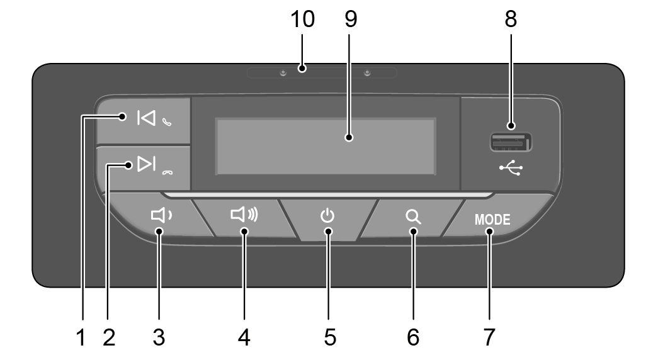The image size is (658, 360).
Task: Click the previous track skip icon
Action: point(146,118)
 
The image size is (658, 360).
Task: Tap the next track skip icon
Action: point(147,164)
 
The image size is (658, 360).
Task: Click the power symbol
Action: point(328,215)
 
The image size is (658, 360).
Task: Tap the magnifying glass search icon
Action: point(413,217)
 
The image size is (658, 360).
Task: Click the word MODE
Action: point(492,220)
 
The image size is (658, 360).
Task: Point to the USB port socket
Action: point(511,142)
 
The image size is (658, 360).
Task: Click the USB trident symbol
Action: point(511,168)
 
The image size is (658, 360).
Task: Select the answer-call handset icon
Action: point(167,122)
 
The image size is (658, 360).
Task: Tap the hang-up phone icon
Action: point(167,172)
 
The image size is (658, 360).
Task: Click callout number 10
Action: point(302,20)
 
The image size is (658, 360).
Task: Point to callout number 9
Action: point(351,20)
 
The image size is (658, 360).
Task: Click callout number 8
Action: point(511,20)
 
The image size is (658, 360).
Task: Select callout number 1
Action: point(81,337)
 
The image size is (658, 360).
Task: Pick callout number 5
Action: point(330,337)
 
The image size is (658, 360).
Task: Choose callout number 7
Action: point(489,337)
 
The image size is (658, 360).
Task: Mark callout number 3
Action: point(159,337)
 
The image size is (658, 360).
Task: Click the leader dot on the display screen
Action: point(349,137)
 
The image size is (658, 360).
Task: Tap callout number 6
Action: point(413,337)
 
